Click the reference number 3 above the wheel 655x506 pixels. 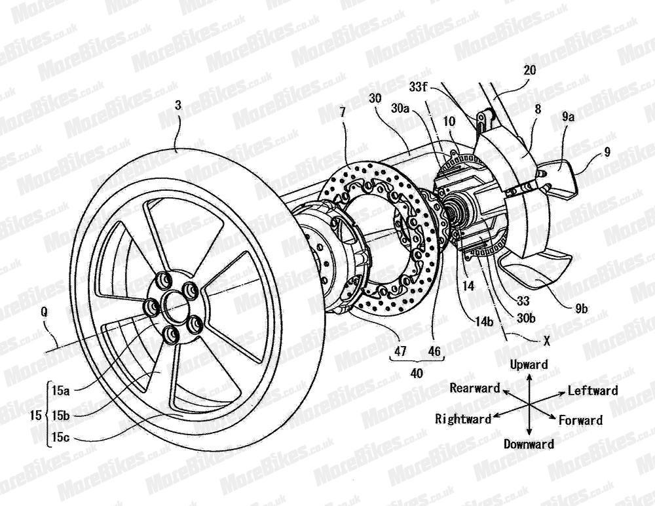pos(178,122)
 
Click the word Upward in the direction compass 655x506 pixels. pos(529,364)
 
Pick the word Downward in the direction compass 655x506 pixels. pos(529,444)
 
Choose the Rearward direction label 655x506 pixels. pos(474,388)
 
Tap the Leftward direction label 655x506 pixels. pos(593,391)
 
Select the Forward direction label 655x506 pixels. pos(580,420)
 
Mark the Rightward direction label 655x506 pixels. pos(462,419)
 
